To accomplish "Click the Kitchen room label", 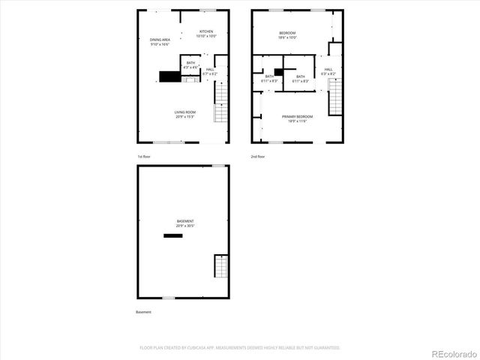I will [x=206, y=34].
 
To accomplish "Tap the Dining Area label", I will [x=160, y=42].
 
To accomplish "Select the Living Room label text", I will [x=185, y=114].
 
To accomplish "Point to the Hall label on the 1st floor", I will [x=209, y=71].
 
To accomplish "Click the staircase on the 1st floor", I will [x=220, y=102].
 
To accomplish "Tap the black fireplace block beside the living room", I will [x=169, y=76].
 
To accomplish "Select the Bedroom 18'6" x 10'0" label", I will [x=287, y=35].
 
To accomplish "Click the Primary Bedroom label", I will [x=297, y=118].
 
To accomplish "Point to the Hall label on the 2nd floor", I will [x=329, y=73].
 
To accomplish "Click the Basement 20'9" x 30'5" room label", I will [x=185, y=223].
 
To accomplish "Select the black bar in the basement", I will [x=173, y=235].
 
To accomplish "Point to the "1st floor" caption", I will [x=145, y=157].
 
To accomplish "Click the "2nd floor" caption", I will [x=259, y=157].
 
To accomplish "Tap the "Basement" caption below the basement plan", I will [x=144, y=312].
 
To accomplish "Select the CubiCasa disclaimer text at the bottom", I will [x=240, y=348].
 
